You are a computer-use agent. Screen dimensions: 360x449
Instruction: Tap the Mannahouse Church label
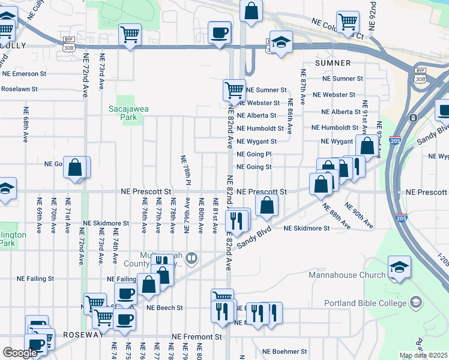click(x=346, y=275)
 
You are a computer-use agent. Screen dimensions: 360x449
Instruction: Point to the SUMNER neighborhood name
click(x=333, y=62)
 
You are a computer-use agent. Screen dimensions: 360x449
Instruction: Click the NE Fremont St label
click(x=195, y=337)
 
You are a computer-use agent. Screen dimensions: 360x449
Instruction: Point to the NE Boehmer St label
click(x=283, y=352)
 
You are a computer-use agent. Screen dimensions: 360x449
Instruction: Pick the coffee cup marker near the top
click(x=220, y=32)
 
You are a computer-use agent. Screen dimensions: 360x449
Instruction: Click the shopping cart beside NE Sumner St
click(x=234, y=91)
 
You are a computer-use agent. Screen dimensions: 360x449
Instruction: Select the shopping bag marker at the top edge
click(x=252, y=10)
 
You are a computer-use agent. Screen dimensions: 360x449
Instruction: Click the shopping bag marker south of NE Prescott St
click(x=267, y=205)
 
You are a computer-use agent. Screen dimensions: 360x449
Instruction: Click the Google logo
click(x=20, y=353)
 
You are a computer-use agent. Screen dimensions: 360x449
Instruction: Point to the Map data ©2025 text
click(x=423, y=355)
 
